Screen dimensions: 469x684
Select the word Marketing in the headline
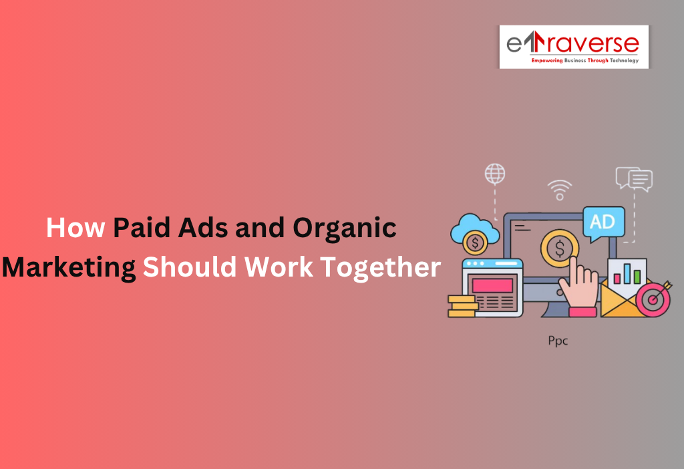pos(69,267)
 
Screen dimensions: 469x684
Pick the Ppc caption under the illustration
pos(558,340)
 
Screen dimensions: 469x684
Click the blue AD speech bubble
pos(603,222)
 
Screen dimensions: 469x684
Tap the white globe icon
pos(495,174)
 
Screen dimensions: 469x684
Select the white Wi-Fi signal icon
pos(559,189)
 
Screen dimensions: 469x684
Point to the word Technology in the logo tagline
pos(624,61)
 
